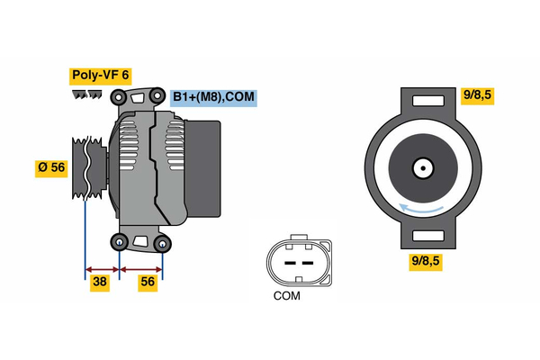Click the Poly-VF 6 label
coord(101,76)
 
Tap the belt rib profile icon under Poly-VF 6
coord(86,94)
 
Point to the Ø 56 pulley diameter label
coord(50,168)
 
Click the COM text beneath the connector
coord(287,295)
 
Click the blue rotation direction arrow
coord(422,209)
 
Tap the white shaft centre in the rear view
coord(422,167)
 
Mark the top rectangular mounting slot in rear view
coord(422,102)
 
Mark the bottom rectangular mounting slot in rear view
coord(422,237)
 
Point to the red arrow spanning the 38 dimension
coord(102,268)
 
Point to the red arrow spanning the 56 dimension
coord(141,268)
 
